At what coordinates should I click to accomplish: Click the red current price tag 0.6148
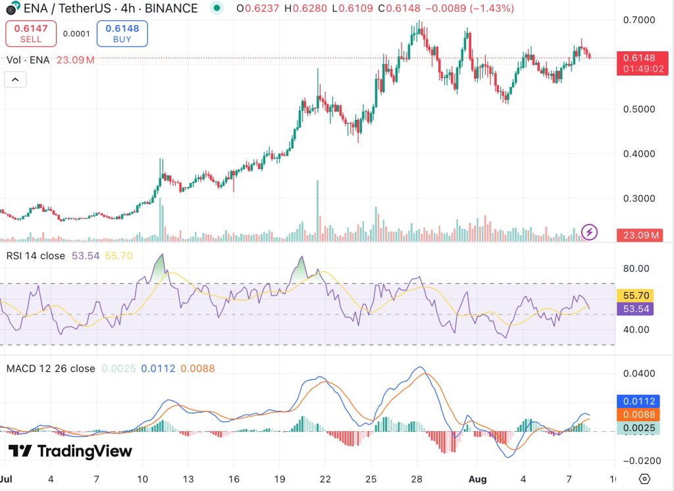tap(638, 57)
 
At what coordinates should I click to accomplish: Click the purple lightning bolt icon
tap(590, 232)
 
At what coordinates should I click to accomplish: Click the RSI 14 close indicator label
tap(36, 255)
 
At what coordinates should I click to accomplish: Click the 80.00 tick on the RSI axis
tap(635, 269)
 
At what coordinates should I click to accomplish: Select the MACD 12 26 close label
tap(50, 369)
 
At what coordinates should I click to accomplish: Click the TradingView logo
tap(70, 451)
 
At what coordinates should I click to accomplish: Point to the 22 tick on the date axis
tap(324, 478)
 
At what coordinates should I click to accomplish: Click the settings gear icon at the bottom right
tap(644, 478)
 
